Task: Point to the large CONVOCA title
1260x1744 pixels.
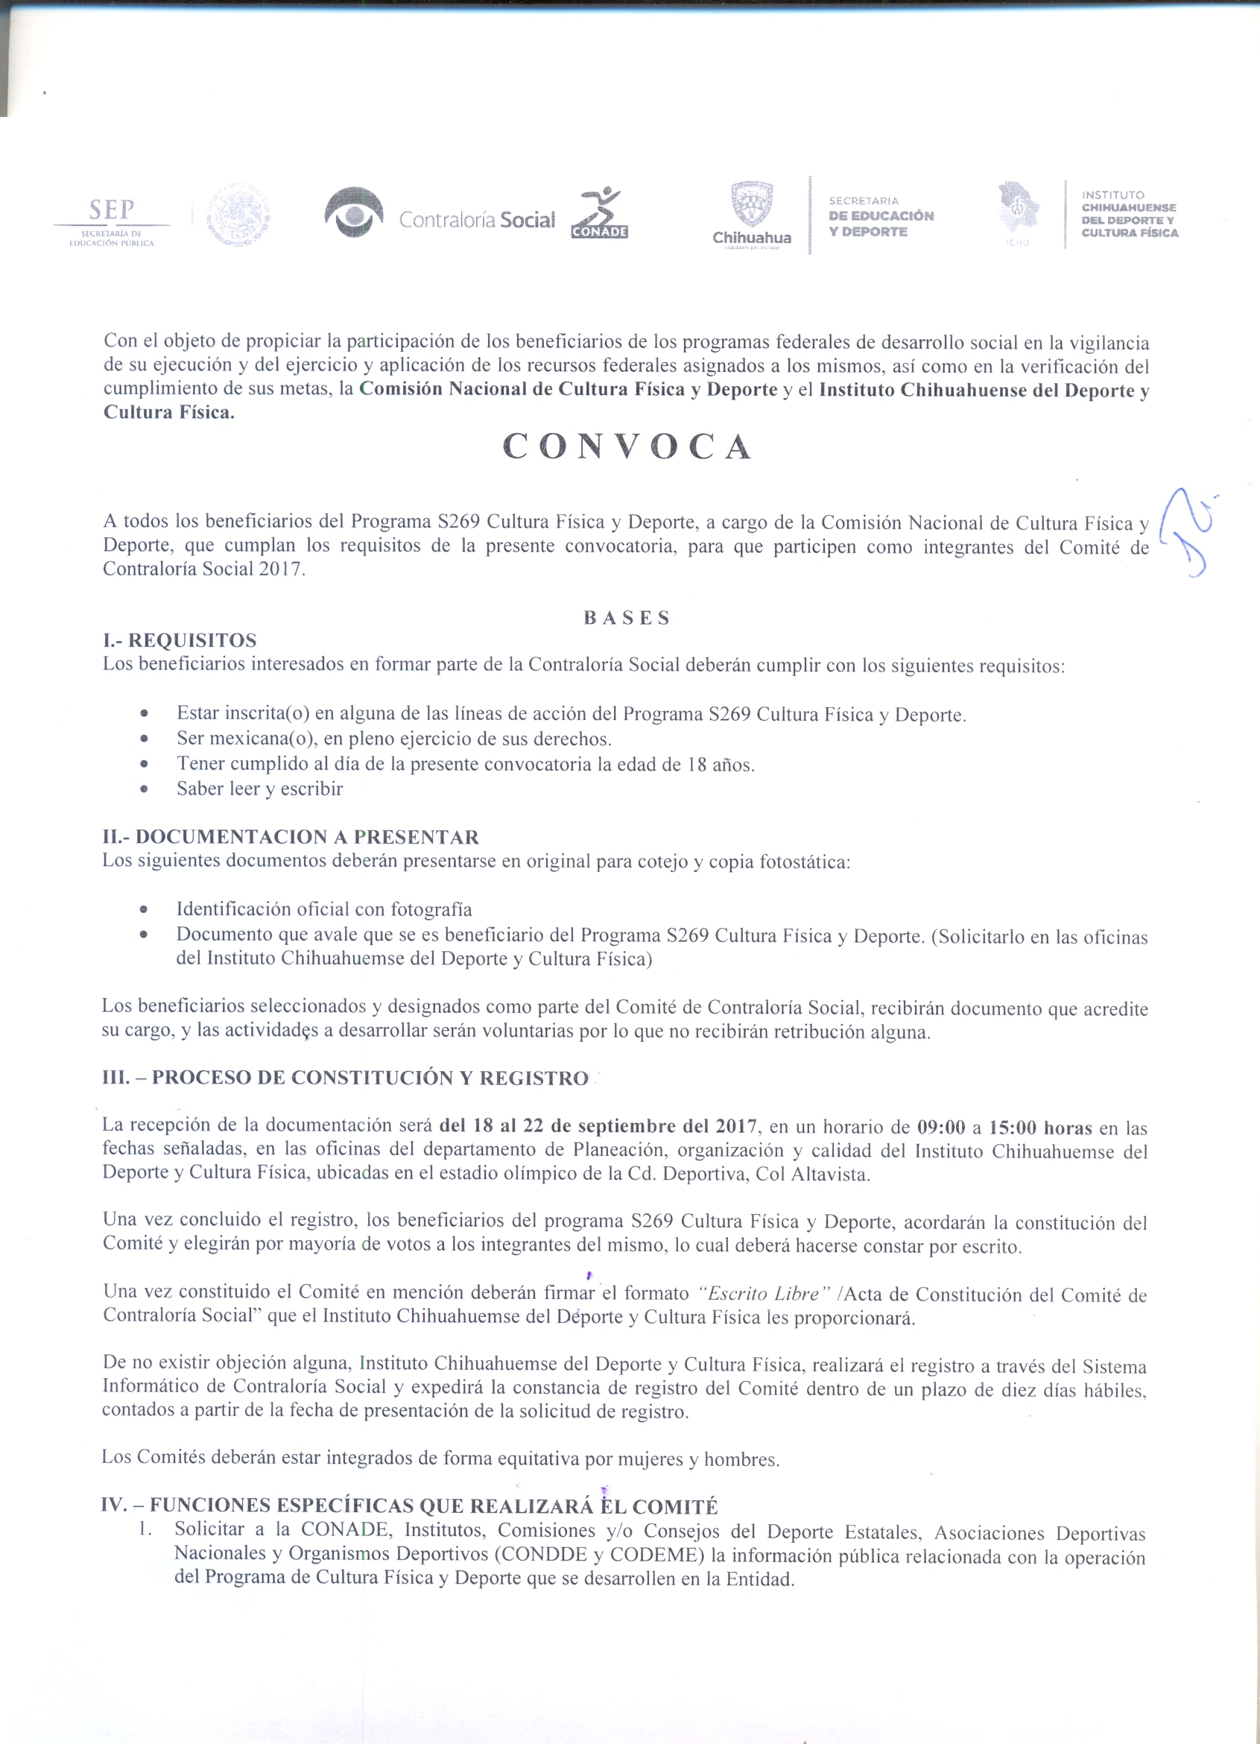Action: [x=628, y=446]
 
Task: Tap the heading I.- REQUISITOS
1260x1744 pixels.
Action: [x=180, y=639]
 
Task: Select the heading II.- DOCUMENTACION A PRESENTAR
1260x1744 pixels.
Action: [x=291, y=837]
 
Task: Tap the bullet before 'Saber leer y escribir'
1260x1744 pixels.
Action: [x=144, y=789]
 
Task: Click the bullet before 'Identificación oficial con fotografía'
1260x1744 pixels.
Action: [x=144, y=910]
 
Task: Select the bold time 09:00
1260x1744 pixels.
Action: [x=941, y=1128]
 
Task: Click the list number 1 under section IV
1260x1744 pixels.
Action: [x=144, y=1529]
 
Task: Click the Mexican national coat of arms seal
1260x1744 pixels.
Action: [x=238, y=213]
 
